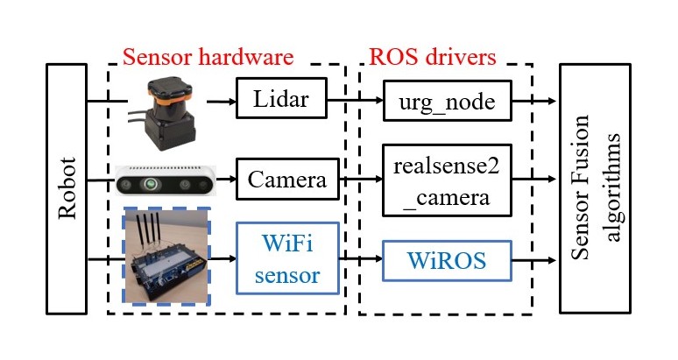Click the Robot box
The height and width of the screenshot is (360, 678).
[x=67, y=188]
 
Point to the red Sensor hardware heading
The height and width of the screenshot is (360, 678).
[x=208, y=57]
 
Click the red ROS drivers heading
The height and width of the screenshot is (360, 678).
[x=433, y=57]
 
